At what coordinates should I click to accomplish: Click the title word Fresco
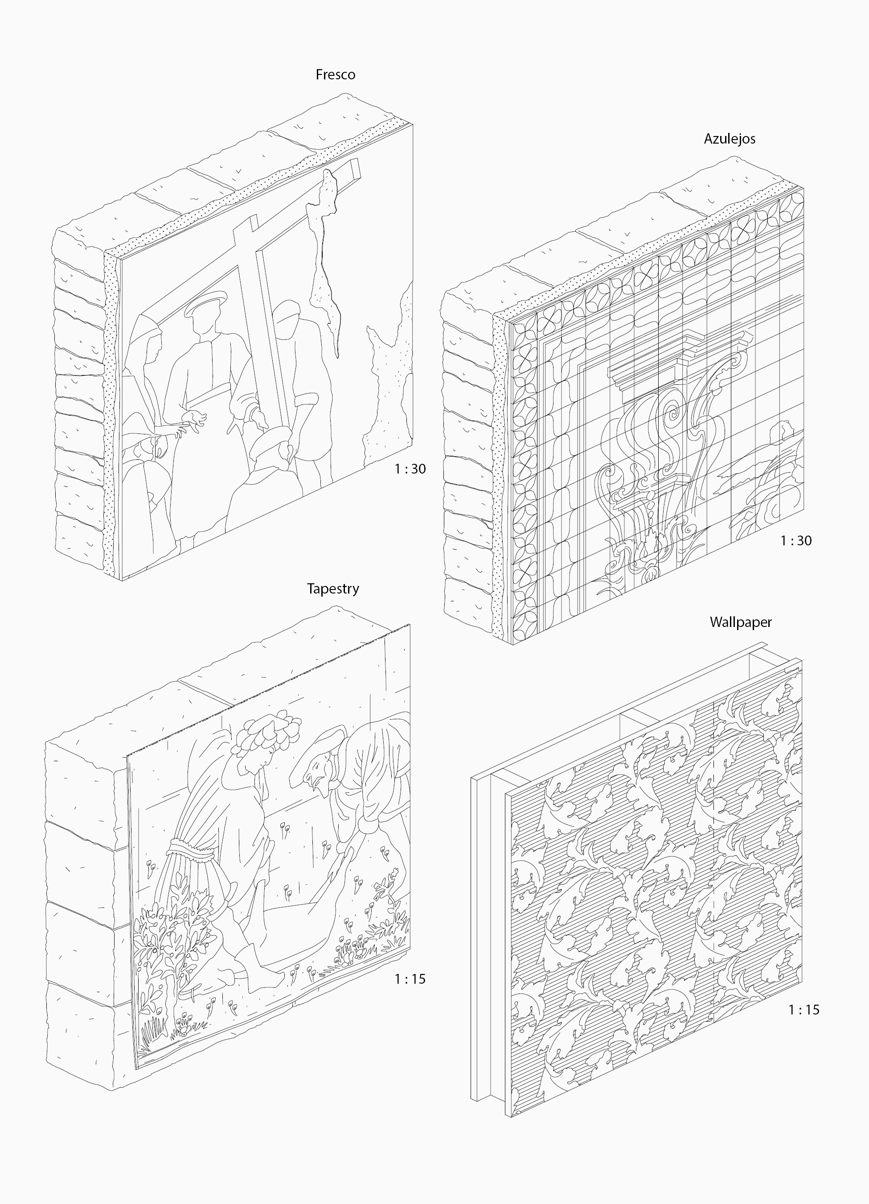coord(335,75)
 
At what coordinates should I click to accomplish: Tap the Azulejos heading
coord(730,139)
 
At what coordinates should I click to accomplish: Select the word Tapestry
coord(332,589)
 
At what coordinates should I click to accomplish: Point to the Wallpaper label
coord(741,622)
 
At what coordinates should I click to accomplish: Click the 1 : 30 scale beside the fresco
coord(410,469)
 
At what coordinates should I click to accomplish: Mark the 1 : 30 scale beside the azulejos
coord(796,540)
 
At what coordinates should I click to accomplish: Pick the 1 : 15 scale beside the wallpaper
coord(804,1010)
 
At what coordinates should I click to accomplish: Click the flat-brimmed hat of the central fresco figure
coord(205,304)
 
